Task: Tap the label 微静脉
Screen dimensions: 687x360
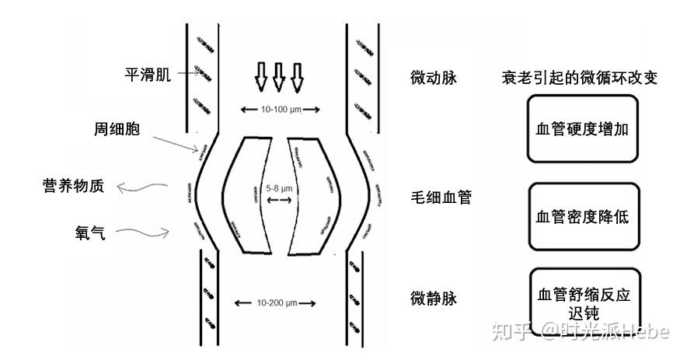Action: [x=433, y=298]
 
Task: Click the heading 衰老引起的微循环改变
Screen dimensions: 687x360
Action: [x=580, y=78]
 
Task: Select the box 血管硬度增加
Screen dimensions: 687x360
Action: [x=581, y=129]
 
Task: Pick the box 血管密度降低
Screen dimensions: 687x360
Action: [x=581, y=216]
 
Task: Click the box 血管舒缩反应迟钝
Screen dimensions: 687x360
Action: [x=581, y=303]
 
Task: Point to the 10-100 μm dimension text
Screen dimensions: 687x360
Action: [x=278, y=110]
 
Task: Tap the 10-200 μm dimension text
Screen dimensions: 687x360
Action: [x=276, y=302]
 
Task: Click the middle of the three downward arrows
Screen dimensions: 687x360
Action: [x=278, y=77]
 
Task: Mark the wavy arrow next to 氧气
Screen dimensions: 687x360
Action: [x=148, y=231]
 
